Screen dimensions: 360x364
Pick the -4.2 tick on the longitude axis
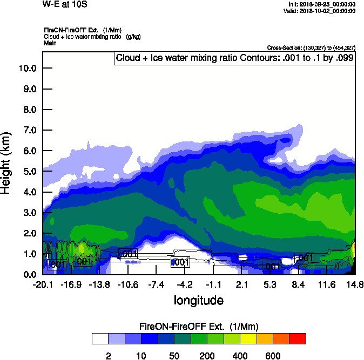185,284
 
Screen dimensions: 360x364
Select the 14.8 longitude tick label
355,284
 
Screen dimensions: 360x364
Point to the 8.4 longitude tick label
298,284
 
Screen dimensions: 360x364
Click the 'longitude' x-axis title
198,300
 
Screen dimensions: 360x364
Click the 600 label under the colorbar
273,356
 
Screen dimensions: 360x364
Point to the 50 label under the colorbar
174,356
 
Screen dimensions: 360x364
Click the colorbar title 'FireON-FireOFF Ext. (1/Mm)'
199,327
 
